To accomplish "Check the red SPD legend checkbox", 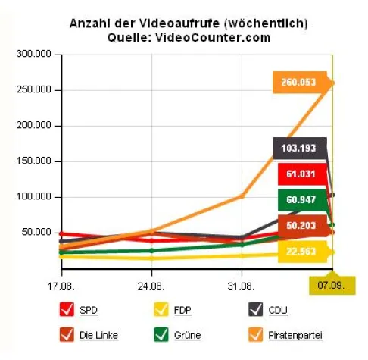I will coord(66,310).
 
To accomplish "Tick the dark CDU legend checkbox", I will coord(256,310).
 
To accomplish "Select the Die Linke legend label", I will coord(98,334).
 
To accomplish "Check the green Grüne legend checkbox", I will coord(161,334).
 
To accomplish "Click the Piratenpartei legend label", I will coord(296,334).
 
